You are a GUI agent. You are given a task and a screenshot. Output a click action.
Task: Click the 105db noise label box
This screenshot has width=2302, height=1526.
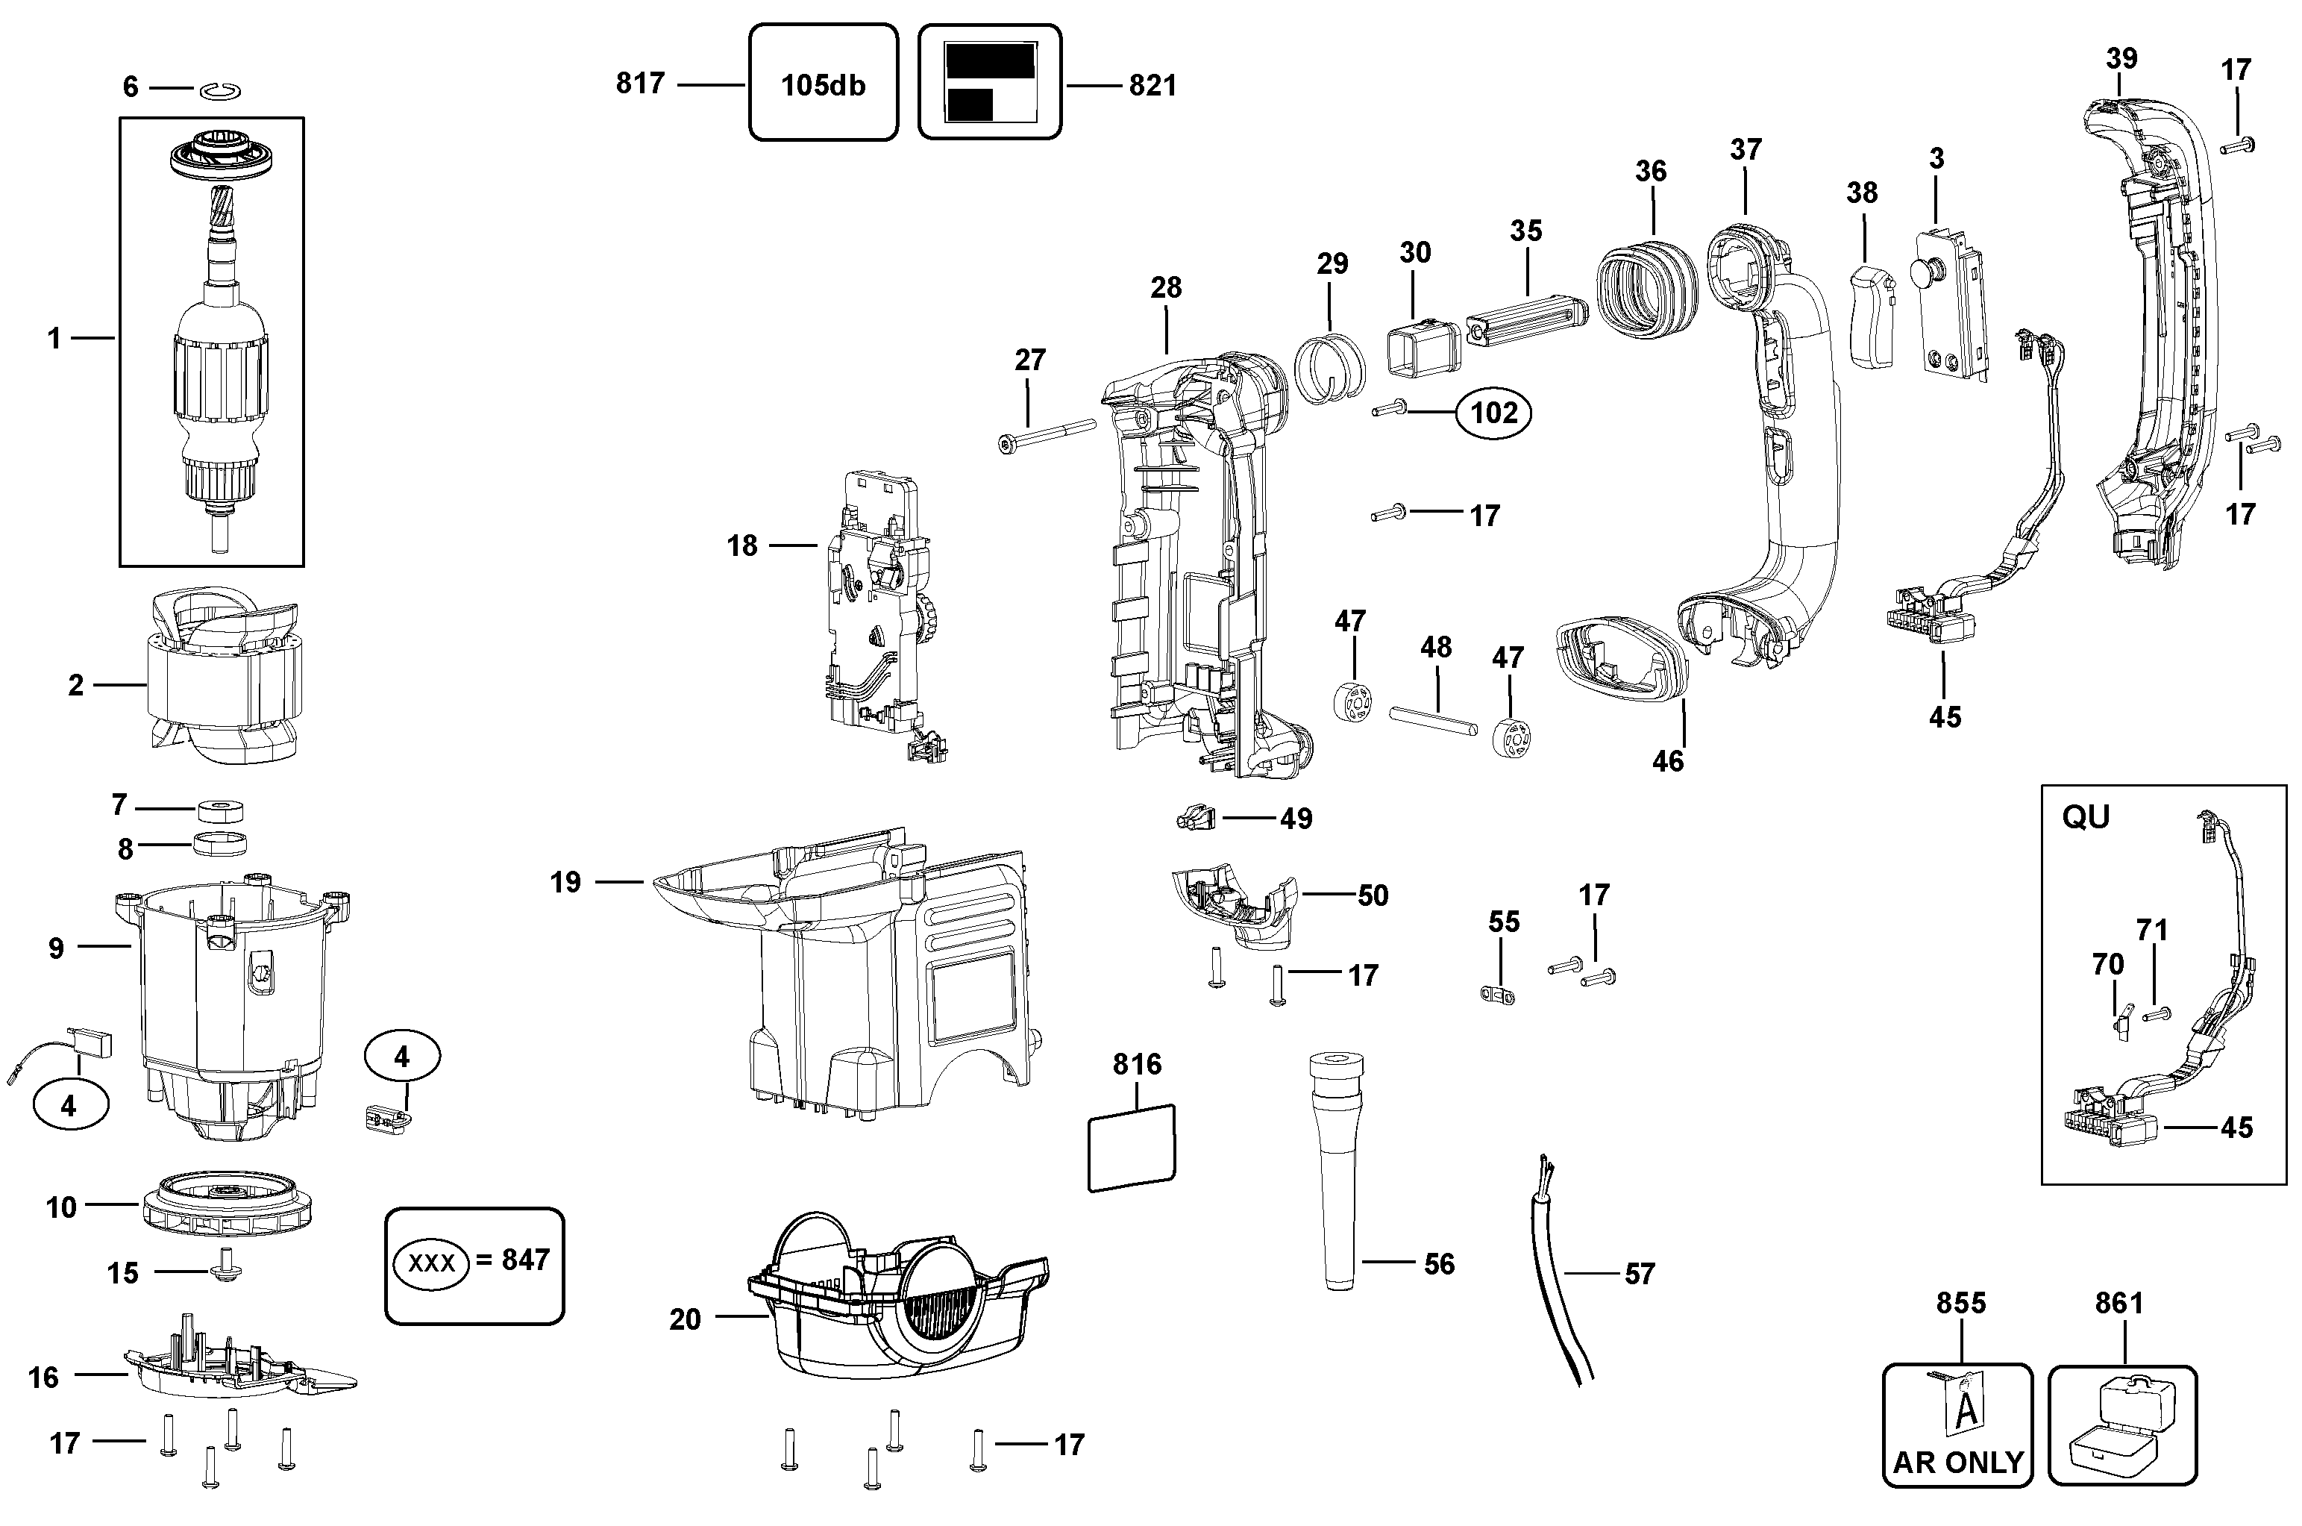click(x=823, y=84)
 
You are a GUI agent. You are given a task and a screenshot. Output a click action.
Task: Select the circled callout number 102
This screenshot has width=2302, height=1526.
click(x=1493, y=413)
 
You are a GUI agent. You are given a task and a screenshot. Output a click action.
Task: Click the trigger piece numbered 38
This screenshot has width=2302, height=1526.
click(x=1870, y=316)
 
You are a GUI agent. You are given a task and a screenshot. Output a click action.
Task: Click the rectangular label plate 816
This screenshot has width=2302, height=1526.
click(x=1131, y=1148)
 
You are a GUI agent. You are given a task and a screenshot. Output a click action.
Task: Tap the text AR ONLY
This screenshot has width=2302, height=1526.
click(x=1957, y=1462)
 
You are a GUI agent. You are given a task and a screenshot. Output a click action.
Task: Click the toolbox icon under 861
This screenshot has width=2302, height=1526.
click(x=2123, y=1426)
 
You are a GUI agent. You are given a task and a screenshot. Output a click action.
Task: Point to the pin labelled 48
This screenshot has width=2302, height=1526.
click(x=1433, y=721)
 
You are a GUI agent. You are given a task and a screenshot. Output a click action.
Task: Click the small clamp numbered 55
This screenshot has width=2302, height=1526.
click(x=1499, y=995)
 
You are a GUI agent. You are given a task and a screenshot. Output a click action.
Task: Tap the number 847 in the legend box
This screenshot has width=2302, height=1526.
click(x=525, y=1260)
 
